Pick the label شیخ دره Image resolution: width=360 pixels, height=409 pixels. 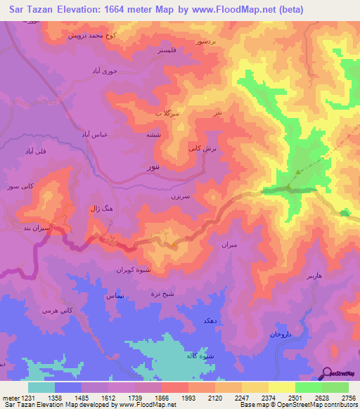pos(169,295)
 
